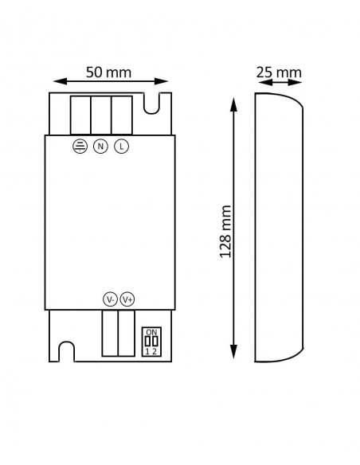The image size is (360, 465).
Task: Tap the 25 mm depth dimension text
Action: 279,72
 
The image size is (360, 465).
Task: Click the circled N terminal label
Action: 100,147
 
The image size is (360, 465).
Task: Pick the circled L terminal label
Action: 121,147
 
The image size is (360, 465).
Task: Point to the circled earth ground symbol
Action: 80,147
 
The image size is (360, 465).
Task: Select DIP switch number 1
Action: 147,351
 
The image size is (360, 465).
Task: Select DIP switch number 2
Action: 155,351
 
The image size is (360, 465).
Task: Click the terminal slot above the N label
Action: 100,115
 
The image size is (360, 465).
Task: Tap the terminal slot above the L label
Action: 121,115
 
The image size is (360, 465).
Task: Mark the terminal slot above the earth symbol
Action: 80,115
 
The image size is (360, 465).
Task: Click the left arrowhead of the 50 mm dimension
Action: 56,80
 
